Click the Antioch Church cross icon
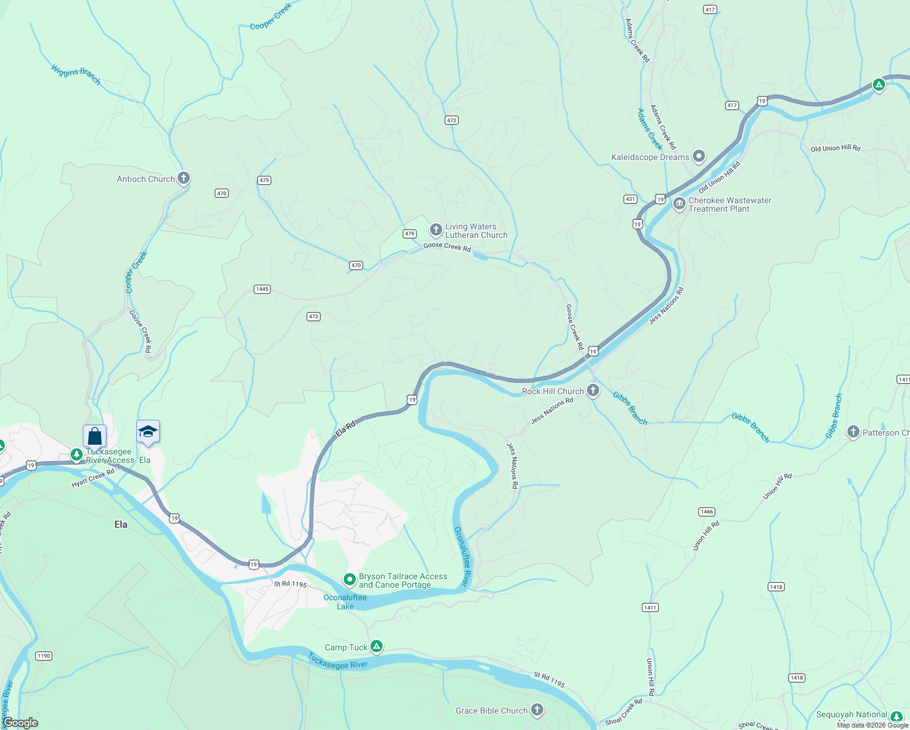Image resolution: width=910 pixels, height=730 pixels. coord(184,178)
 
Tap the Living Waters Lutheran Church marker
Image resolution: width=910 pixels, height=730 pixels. coord(436,230)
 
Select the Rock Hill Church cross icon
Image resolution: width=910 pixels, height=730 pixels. coord(593,391)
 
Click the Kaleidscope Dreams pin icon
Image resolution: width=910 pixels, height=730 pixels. coord(699,156)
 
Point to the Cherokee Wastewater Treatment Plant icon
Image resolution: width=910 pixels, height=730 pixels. coord(679,204)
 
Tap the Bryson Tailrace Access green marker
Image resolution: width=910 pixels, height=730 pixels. coord(350,580)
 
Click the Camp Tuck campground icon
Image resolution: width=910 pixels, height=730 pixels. coord(377,647)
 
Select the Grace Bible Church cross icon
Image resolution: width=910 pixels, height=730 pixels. coord(537,709)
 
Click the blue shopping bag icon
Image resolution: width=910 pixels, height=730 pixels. coord(94,436)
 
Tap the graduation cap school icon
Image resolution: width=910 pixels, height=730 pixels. coord(148,431)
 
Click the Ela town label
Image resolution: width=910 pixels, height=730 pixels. coord(121,524)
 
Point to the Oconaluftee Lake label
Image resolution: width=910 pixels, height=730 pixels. coord(345,602)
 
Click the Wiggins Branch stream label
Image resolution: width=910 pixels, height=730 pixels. coord(76,74)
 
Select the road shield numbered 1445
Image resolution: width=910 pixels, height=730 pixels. coord(262,289)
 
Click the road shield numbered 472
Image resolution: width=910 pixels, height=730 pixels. coord(451,120)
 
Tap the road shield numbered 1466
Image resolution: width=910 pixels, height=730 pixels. coord(707,512)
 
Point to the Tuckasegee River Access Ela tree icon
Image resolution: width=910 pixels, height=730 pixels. coord(77,454)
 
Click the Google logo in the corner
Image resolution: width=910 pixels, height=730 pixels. coord(20,722)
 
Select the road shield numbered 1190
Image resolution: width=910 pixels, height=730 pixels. coord(44,656)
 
